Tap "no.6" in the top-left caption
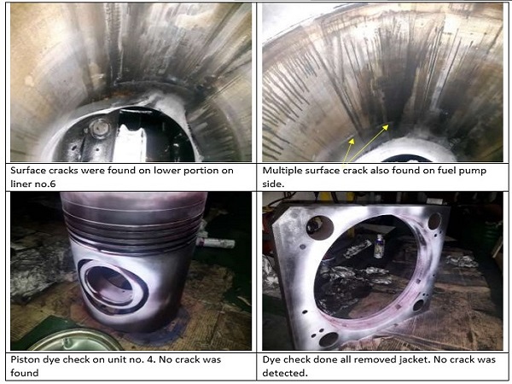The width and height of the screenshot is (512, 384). click(x=46, y=184)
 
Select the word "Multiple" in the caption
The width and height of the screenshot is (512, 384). click(x=282, y=171)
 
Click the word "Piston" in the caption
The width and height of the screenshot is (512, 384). click(x=24, y=359)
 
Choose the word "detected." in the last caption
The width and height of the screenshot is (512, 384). click(x=285, y=373)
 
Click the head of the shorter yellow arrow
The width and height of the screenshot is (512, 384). click(x=352, y=141)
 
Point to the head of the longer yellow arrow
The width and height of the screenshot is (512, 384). click(x=386, y=126)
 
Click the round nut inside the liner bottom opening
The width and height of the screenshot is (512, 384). click(x=100, y=128)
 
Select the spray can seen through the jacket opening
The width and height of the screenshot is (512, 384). click(x=379, y=246)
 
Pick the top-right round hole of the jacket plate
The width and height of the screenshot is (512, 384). click(x=434, y=221)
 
